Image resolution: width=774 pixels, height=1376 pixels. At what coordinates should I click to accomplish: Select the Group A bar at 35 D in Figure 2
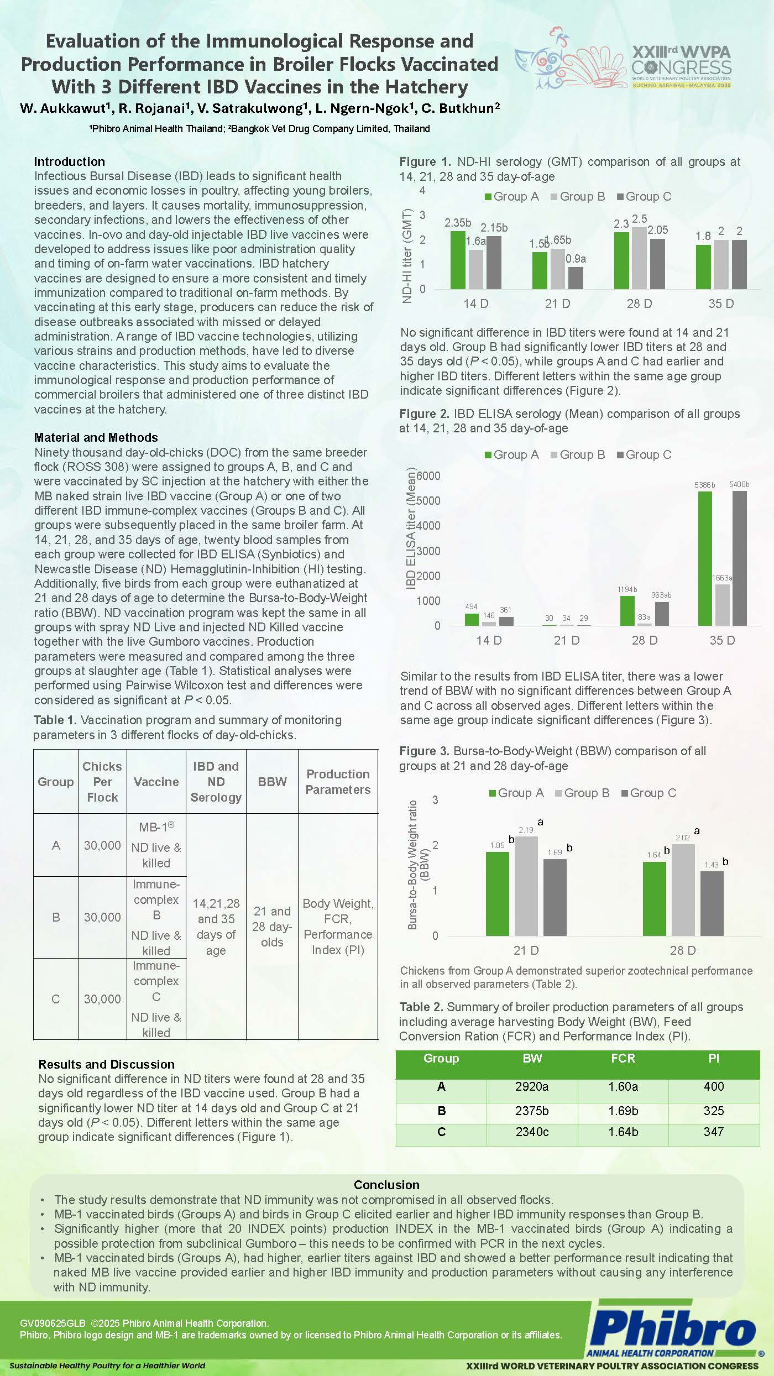pos(705,558)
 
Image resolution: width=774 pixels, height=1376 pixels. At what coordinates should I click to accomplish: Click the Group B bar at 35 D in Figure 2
pos(722,605)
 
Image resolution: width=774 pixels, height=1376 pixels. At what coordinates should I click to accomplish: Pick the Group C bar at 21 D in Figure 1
pos(576,278)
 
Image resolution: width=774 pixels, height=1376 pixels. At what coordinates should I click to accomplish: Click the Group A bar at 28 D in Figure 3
pos(654,898)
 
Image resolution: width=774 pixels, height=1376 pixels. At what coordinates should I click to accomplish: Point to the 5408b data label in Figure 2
pos(739,485)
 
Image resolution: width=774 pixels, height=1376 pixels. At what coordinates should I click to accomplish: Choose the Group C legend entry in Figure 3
pos(649,793)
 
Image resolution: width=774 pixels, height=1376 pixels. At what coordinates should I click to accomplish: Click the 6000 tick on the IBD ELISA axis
pos(428,476)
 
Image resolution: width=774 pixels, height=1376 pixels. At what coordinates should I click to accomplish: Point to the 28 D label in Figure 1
pos(639,304)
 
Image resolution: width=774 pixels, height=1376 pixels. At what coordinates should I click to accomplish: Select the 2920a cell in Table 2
pos(532,1086)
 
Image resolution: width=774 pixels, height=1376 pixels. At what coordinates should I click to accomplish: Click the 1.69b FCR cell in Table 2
pos(623,1111)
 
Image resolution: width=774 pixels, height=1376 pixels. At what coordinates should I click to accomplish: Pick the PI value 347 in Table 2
pos(714,1132)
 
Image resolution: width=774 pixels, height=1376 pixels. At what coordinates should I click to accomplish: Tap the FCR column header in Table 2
pos(623,1058)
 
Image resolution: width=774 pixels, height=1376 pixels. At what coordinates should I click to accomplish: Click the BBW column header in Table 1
pos(272,782)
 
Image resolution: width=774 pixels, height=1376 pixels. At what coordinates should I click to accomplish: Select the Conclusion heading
pos(386,1185)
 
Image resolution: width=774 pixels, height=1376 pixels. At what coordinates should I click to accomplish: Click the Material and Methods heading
pos(96,437)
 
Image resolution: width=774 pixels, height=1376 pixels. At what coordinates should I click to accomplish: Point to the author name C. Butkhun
pos(459,108)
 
